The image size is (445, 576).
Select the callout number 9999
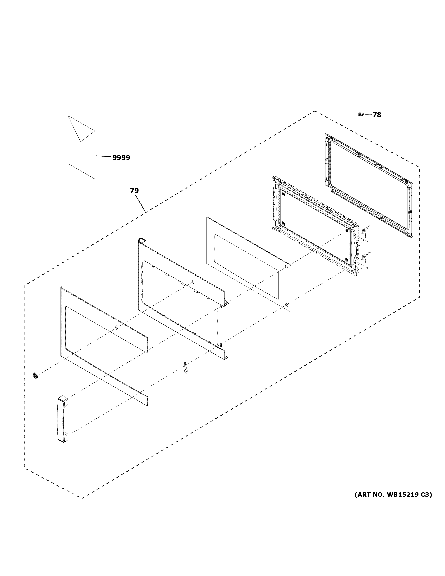click(x=121, y=158)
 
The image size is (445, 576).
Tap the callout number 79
click(x=134, y=191)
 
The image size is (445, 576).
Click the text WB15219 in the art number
click(x=403, y=495)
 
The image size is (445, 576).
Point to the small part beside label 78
click(x=361, y=114)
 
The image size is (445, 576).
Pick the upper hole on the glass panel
click(x=286, y=267)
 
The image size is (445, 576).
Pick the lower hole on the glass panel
click(x=286, y=305)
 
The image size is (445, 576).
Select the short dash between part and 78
click(x=368, y=115)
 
